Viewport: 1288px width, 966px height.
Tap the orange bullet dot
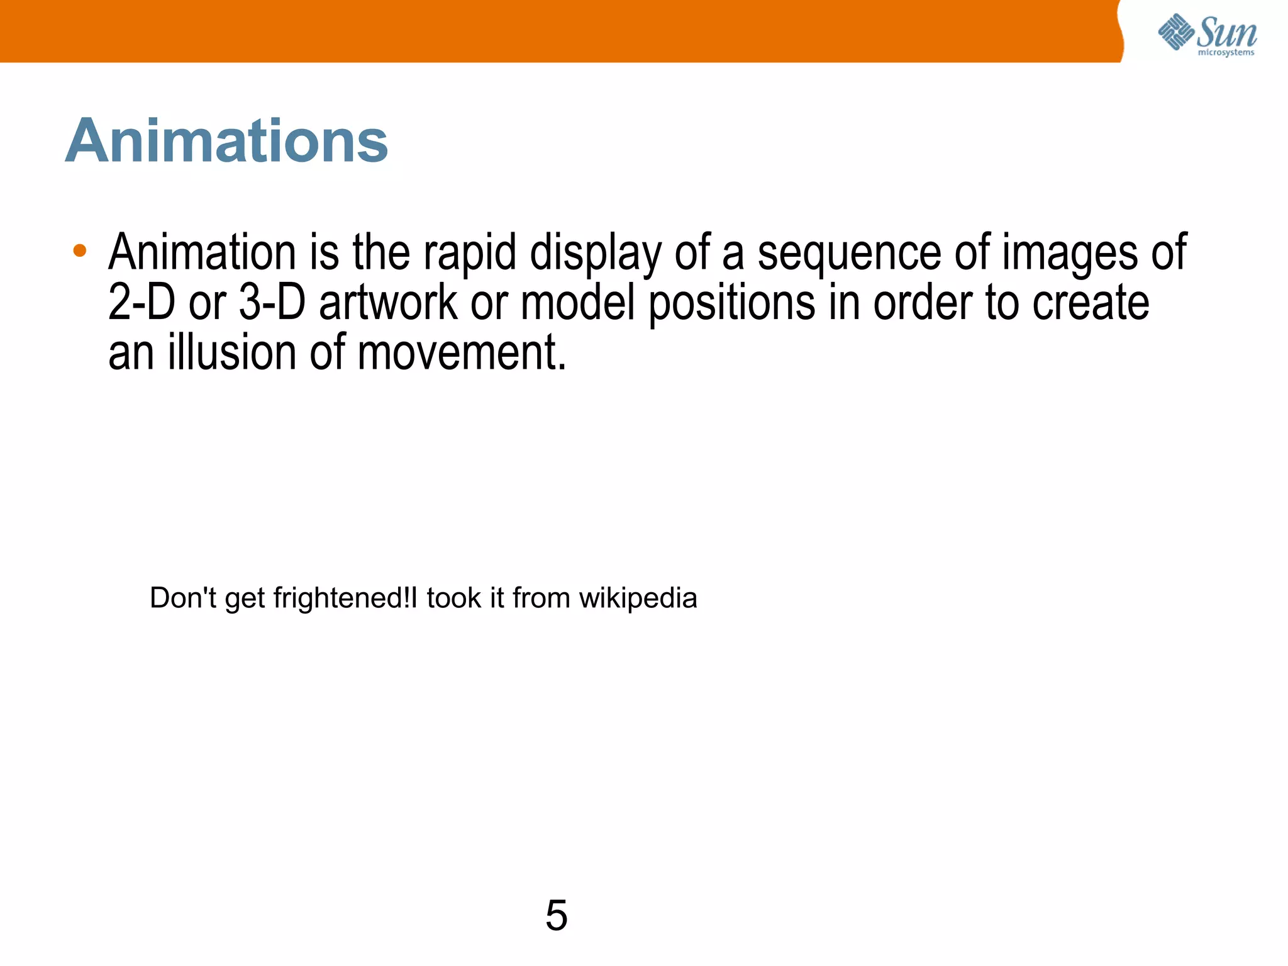[x=79, y=251]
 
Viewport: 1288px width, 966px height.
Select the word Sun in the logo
[x=1226, y=33]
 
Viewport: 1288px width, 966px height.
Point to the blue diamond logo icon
[x=1175, y=31]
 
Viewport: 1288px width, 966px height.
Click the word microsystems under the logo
[x=1226, y=53]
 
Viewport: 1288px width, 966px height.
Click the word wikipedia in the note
[x=638, y=598]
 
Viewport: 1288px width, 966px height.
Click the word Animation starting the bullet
[x=201, y=252]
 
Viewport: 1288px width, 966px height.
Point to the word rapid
[x=469, y=253]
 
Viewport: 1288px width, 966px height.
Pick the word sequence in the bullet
[x=849, y=253]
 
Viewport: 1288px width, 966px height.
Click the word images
[x=1069, y=253]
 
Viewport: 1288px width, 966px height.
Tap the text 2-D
[x=142, y=302]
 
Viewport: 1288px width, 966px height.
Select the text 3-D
[x=272, y=302]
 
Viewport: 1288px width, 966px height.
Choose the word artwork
[x=388, y=302]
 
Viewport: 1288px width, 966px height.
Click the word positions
[x=731, y=303]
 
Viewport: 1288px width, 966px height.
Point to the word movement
[x=462, y=352]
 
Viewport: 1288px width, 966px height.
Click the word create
[x=1091, y=302]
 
